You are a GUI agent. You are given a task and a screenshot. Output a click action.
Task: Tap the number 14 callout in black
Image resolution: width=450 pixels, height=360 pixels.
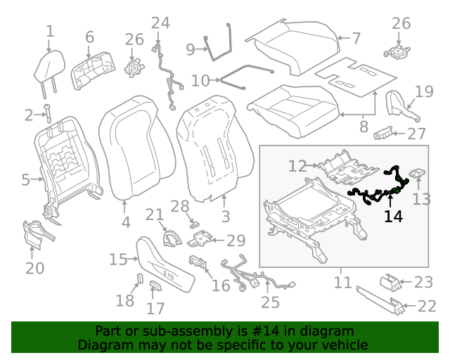[393, 217]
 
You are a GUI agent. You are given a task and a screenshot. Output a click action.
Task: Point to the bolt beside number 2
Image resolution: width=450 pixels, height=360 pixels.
[49, 113]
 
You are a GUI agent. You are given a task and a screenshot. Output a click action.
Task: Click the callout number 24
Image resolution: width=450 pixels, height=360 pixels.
[160, 23]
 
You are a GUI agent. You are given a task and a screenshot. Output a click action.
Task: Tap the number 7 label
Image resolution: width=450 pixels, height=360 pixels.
[356, 38]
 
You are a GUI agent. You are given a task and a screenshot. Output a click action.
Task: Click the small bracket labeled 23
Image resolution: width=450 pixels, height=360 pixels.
[392, 283]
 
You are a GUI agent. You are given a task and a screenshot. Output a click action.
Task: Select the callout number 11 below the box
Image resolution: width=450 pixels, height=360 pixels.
[342, 283]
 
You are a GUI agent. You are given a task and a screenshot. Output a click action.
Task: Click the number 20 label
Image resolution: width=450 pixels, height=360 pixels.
[35, 268]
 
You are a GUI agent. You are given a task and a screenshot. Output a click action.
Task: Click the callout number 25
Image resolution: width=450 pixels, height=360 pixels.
[270, 302]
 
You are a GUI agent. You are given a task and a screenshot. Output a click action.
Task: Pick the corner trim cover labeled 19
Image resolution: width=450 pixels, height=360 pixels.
[401, 103]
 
